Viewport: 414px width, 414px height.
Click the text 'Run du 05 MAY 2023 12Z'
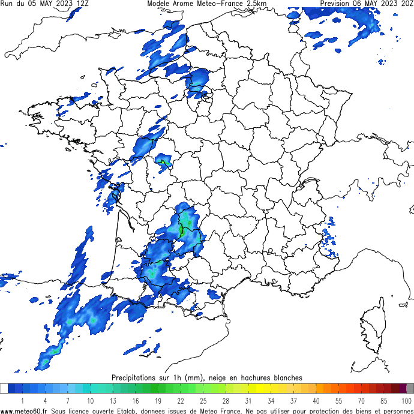pos(46,4)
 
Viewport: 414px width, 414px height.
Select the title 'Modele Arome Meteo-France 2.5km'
pos(207,4)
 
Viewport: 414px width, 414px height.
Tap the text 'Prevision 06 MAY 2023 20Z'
pos(367,4)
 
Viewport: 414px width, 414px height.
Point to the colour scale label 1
pos(22,400)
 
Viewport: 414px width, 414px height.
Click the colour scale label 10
pos(90,400)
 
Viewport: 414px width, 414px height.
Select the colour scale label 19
pos(158,400)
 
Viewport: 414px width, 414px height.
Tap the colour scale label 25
pos(203,400)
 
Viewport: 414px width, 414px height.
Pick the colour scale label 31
pos(248,400)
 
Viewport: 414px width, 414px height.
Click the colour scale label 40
pos(316,400)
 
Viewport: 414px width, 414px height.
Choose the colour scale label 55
pos(338,400)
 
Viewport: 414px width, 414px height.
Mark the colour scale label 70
pos(361,400)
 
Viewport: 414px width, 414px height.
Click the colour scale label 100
pos(406,400)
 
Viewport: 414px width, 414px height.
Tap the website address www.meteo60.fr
pos(24,410)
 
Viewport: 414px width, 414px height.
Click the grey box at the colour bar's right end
pos(410,389)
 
